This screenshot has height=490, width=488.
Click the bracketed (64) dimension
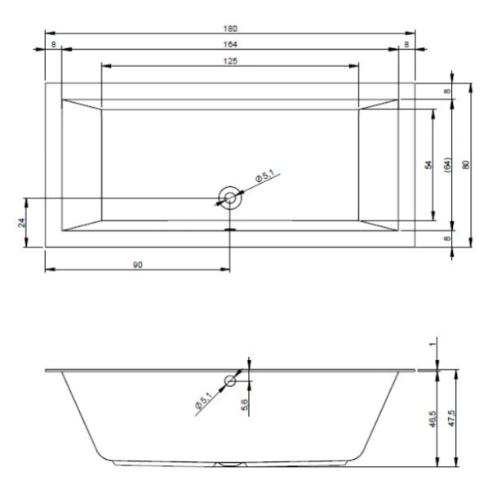[446, 164]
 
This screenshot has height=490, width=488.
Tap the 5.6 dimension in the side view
[244, 403]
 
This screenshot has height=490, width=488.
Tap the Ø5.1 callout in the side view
[204, 402]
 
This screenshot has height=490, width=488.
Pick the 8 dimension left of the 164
[54, 44]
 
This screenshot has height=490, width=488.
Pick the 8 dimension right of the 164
[406, 44]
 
